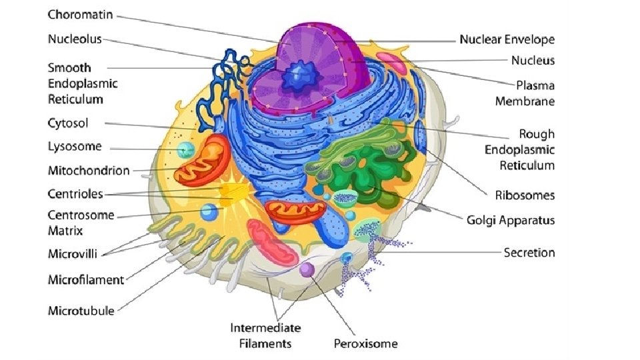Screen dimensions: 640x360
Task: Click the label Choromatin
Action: point(79,14)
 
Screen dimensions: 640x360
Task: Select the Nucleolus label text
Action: point(75,39)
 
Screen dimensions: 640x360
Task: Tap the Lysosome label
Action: point(75,147)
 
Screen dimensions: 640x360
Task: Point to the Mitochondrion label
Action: point(89,171)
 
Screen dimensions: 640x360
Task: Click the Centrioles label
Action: point(75,194)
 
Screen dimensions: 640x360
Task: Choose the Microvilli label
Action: point(75,253)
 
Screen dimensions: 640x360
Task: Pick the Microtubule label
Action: point(81,311)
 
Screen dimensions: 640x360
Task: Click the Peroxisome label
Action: point(365,344)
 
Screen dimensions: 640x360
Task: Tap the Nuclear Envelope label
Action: point(507,40)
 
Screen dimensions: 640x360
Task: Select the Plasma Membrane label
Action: point(525,93)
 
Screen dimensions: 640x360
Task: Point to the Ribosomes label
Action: point(525,195)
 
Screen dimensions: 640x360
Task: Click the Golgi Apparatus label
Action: point(511,220)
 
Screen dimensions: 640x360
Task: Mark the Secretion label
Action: point(529,253)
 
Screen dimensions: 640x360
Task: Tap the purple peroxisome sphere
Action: point(307,270)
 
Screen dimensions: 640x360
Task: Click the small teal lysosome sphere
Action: point(185,150)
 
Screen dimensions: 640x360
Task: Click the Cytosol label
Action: point(68,123)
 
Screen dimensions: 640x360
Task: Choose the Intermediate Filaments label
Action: point(265,336)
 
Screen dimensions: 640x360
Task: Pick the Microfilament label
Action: point(86,280)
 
